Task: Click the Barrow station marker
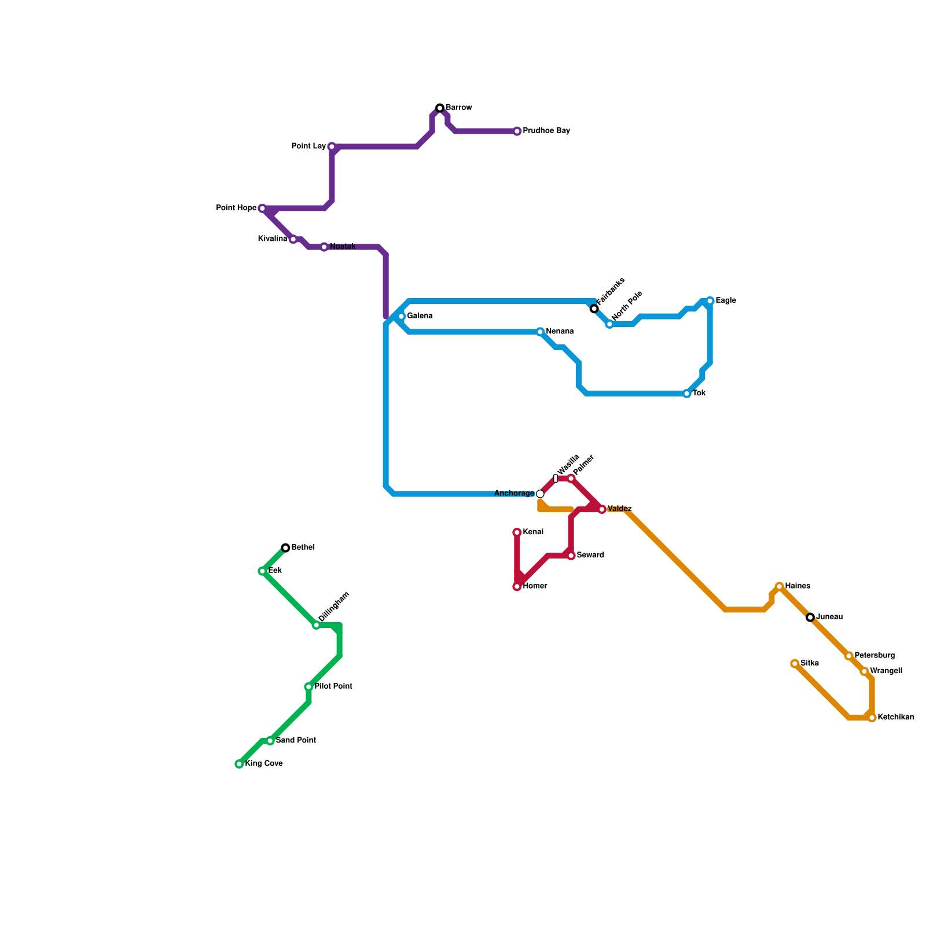(x=440, y=108)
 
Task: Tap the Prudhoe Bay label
(x=546, y=131)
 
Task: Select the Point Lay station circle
(x=332, y=147)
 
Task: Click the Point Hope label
(x=236, y=208)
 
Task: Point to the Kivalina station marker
(x=293, y=240)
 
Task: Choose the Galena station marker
(x=401, y=317)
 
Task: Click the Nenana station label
(x=560, y=332)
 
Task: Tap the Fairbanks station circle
(x=594, y=309)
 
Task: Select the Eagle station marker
(x=710, y=301)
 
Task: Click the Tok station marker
(x=687, y=394)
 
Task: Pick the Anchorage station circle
(x=540, y=494)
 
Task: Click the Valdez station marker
(x=602, y=509)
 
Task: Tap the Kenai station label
(x=533, y=532)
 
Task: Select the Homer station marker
(x=517, y=587)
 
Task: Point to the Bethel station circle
(x=285, y=548)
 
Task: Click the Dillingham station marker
(x=316, y=626)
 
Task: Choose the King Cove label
(x=264, y=764)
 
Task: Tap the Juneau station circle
(x=810, y=618)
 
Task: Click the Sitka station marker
(x=795, y=664)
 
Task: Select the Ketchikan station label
(x=895, y=718)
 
